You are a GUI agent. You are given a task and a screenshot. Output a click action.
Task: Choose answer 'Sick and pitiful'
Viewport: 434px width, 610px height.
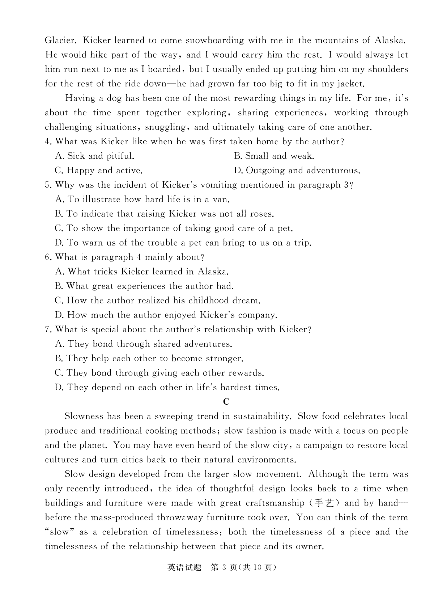[x=95, y=156]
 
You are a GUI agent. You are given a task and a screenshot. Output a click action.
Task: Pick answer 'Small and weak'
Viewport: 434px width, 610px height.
[x=274, y=156]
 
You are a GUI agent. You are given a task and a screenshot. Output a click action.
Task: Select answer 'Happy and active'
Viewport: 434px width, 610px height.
[x=99, y=171]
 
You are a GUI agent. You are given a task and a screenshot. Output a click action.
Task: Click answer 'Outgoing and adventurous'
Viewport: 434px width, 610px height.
[x=297, y=171]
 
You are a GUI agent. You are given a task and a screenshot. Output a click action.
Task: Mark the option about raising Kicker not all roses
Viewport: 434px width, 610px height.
[x=165, y=214]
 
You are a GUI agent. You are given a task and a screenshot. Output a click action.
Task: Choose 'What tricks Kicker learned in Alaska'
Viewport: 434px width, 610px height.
[x=142, y=272]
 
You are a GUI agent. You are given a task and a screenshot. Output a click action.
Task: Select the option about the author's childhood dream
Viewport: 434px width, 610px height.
[x=158, y=301]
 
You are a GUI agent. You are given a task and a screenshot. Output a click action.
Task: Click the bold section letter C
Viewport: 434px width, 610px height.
[x=226, y=402]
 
